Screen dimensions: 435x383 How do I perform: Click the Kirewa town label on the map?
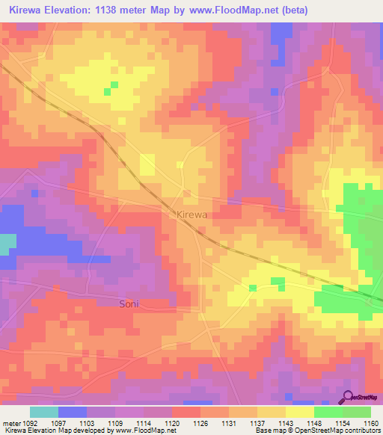[x=191, y=215]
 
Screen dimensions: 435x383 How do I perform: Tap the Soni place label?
[x=129, y=304]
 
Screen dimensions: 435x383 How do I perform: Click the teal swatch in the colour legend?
[x=44, y=412]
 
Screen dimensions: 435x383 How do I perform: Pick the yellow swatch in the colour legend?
[x=299, y=412]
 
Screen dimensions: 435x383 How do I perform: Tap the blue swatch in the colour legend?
[x=73, y=412]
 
